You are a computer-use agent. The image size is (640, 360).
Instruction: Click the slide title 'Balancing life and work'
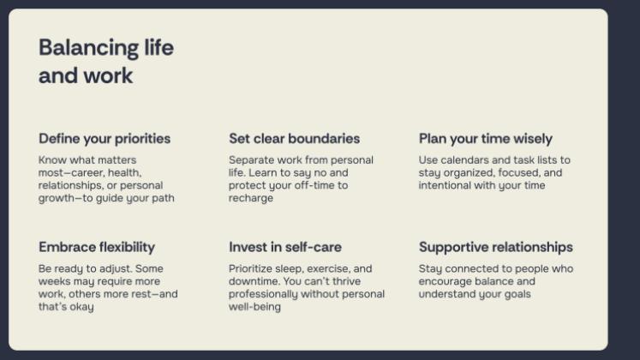[105, 61]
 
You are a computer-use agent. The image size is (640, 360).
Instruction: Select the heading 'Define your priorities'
[105, 139]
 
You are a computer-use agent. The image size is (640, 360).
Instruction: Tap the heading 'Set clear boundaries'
[294, 139]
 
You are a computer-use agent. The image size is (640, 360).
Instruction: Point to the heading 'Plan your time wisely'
[485, 139]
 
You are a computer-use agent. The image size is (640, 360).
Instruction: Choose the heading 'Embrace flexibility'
[97, 247]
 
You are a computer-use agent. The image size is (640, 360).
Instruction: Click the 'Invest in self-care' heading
[284, 247]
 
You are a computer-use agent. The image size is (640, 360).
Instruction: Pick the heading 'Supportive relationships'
[495, 247]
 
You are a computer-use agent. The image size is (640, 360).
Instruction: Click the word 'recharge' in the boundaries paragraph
[250, 198]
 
